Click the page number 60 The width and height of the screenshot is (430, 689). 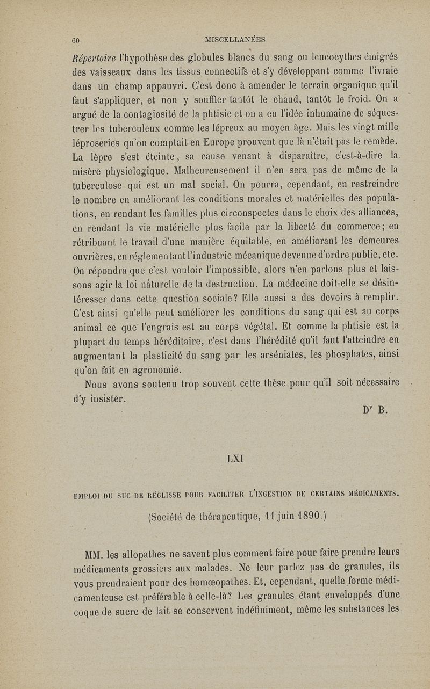coord(76,40)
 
